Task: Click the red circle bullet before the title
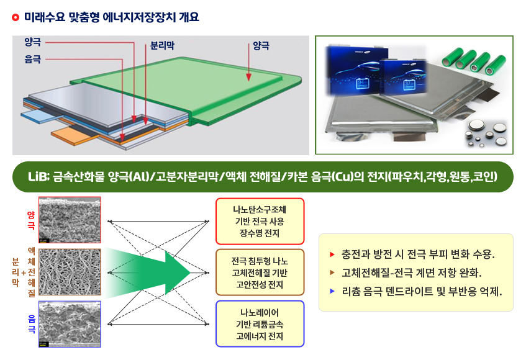[x=16, y=17]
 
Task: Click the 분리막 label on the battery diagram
[x=164, y=45]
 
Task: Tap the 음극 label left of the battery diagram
[x=32, y=59]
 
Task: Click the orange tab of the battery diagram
[x=69, y=133]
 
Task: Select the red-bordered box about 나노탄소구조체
[x=260, y=221]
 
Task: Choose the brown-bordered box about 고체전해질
[x=260, y=272]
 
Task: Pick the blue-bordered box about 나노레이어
[x=260, y=323]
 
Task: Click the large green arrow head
[x=176, y=272]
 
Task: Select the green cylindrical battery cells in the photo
[x=471, y=60]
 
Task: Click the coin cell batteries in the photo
[x=485, y=132]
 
